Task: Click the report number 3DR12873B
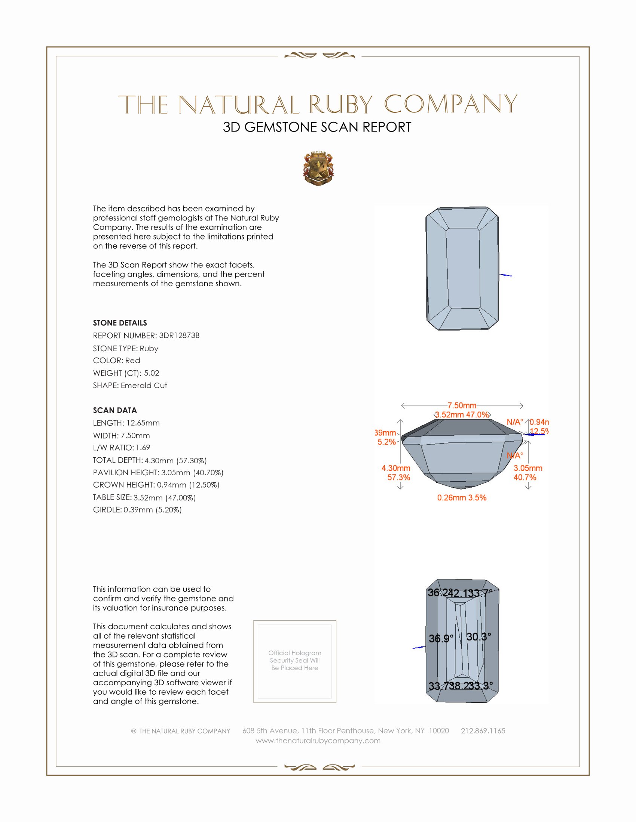(x=179, y=336)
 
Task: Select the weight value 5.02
(x=152, y=373)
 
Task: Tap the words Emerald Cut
(x=144, y=386)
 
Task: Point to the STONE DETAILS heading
(x=120, y=323)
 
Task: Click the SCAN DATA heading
(x=115, y=410)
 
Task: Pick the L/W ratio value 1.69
(x=143, y=448)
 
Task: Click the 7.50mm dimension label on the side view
(x=462, y=405)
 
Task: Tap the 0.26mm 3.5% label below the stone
(x=462, y=498)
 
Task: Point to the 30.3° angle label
(x=478, y=637)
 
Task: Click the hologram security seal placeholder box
(x=295, y=661)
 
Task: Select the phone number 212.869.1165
(x=483, y=731)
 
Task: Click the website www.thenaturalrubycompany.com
(x=318, y=741)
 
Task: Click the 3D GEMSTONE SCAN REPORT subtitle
(x=317, y=127)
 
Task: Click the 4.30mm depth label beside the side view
(x=395, y=468)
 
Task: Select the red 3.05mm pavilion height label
(x=528, y=468)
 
